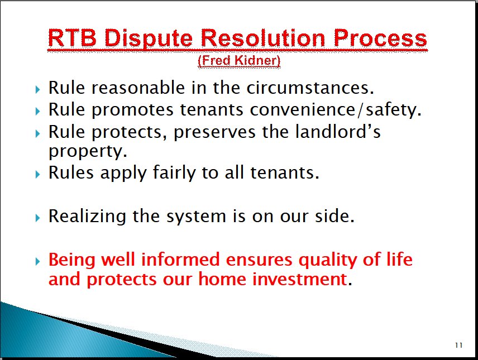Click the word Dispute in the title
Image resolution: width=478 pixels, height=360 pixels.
[149, 39]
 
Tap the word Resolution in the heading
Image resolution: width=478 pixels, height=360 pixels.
[264, 38]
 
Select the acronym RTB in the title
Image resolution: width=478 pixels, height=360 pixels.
[72, 38]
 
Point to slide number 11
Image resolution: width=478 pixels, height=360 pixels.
[459, 345]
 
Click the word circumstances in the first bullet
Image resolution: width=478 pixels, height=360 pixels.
[310, 88]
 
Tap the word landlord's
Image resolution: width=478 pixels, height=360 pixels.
[338, 132]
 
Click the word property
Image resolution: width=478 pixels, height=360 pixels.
[88, 151]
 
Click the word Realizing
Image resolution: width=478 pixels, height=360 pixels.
[87, 217]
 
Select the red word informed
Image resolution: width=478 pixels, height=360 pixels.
[180, 260]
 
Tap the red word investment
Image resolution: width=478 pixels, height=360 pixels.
[300, 279]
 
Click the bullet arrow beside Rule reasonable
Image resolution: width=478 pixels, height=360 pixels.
[37, 89]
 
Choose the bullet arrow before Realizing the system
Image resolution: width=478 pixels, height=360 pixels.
[37, 218]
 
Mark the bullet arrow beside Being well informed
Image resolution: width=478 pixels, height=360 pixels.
[37, 261]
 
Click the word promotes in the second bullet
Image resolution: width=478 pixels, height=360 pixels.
[132, 111]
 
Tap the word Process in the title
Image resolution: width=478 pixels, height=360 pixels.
[380, 38]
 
